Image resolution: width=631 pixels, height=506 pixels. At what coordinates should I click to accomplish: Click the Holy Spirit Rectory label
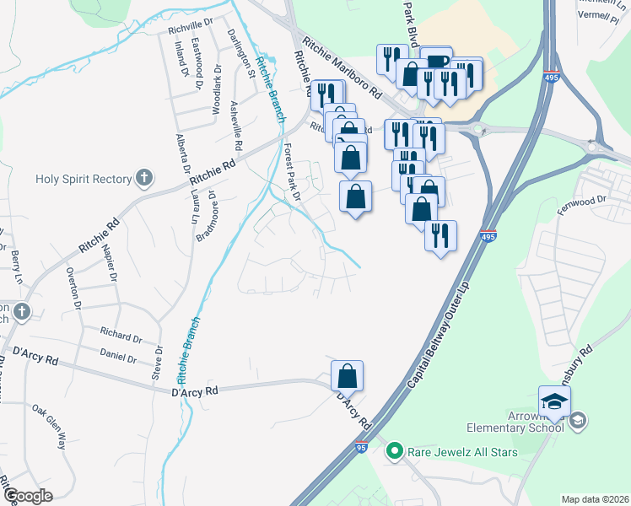coord(84,179)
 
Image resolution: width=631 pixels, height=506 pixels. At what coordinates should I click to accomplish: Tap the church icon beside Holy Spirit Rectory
coord(145,178)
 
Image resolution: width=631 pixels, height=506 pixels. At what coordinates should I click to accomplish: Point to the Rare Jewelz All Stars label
coord(462,452)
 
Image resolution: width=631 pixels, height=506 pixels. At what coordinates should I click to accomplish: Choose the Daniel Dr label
coord(118,357)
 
